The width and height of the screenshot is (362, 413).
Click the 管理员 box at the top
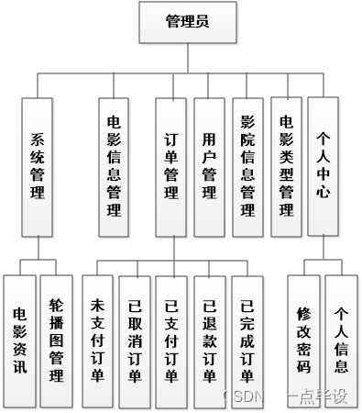(x=188, y=22)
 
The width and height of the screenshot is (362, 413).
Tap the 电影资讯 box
(x=20, y=339)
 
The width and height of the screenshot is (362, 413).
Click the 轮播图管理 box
(x=57, y=339)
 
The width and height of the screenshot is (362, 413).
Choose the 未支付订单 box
(x=98, y=339)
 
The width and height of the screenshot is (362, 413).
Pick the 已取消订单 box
(x=135, y=339)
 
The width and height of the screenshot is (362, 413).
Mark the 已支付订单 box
(x=171, y=339)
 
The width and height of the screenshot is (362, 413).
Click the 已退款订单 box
(x=209, y=339)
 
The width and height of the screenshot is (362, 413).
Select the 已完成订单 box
(x=246, y=339)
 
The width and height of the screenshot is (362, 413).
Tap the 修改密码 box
(x=304, y=339)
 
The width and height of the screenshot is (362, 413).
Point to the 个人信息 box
(x=341, y=339)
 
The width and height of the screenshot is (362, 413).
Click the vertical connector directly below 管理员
(x=188, y=58)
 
